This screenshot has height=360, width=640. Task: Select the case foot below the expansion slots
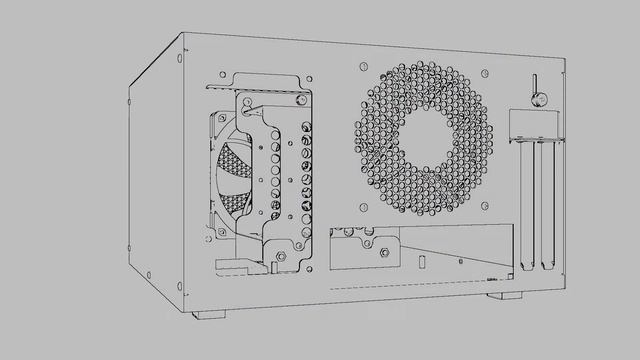(x=505, y=295)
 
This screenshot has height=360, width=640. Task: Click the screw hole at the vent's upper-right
(x=486, y=73)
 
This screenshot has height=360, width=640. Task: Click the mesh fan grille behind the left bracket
(x=232, y=180)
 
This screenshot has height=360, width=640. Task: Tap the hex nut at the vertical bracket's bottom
(x=281, y=256)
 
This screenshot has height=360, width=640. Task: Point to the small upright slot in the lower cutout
(x=423, y=263)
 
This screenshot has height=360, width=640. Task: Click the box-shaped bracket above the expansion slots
(x=533, y=125)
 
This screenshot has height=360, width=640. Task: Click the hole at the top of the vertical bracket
(x=247, y=100)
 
